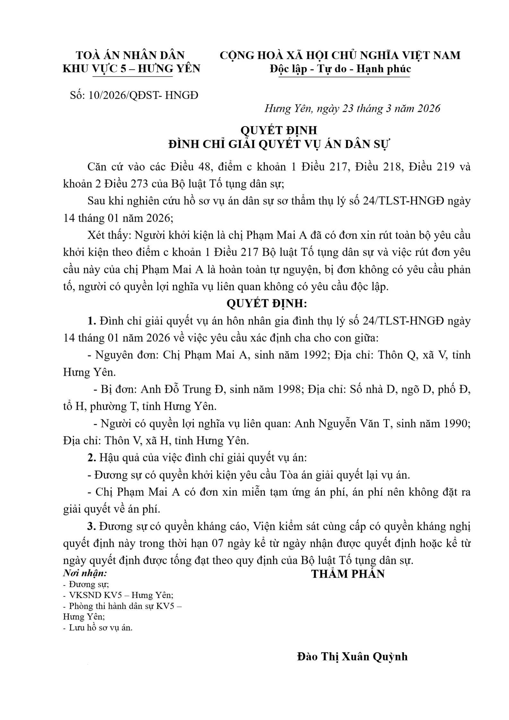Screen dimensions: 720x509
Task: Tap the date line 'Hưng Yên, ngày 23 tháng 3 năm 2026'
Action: point(352,108)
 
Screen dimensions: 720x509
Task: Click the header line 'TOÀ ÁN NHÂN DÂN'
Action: point(130,55)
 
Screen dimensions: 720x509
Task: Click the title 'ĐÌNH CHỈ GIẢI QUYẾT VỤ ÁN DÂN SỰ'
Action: point(279,144)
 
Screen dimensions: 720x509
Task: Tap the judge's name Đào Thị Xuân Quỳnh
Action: point(352,656)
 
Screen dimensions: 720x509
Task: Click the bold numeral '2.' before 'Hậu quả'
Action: point(92,458)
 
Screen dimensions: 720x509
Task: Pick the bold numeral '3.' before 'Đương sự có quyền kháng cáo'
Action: point(92,526)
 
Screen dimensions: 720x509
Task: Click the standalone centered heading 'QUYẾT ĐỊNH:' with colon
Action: point(267,303)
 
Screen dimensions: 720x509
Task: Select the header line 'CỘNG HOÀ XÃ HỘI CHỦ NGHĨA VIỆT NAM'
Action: point(340,55)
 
